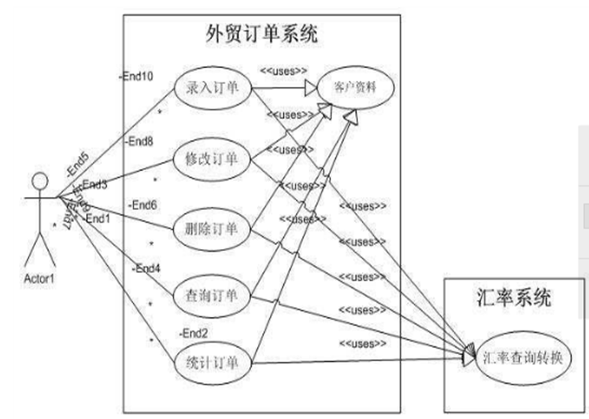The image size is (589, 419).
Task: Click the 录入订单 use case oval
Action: point(212,88)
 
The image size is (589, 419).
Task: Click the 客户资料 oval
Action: point(354,88)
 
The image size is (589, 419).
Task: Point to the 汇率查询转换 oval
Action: point(526,357)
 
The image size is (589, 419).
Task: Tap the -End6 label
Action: point(142,204)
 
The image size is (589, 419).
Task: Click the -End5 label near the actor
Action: point(76,165)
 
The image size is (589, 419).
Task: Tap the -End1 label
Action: point(98,218)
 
